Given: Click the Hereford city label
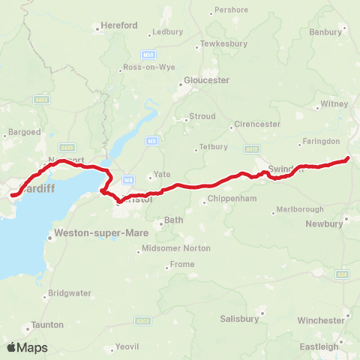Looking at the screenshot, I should coord(120,25).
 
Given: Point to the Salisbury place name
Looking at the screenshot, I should coord(239,318).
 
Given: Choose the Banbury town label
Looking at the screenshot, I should coord(325,32).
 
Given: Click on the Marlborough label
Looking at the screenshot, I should coord(299,208).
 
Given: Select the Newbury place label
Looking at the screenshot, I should coord(324,223).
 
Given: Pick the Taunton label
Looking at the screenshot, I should coord(47,325).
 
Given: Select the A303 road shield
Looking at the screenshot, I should coord(143,320).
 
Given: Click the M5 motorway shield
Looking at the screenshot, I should coord(151,140).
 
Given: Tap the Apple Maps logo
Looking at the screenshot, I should coord(26,347).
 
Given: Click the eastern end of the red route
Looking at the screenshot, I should coord(348,157).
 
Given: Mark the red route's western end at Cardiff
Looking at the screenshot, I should coord(11,196).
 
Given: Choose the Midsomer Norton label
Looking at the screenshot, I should coord(167,247).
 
